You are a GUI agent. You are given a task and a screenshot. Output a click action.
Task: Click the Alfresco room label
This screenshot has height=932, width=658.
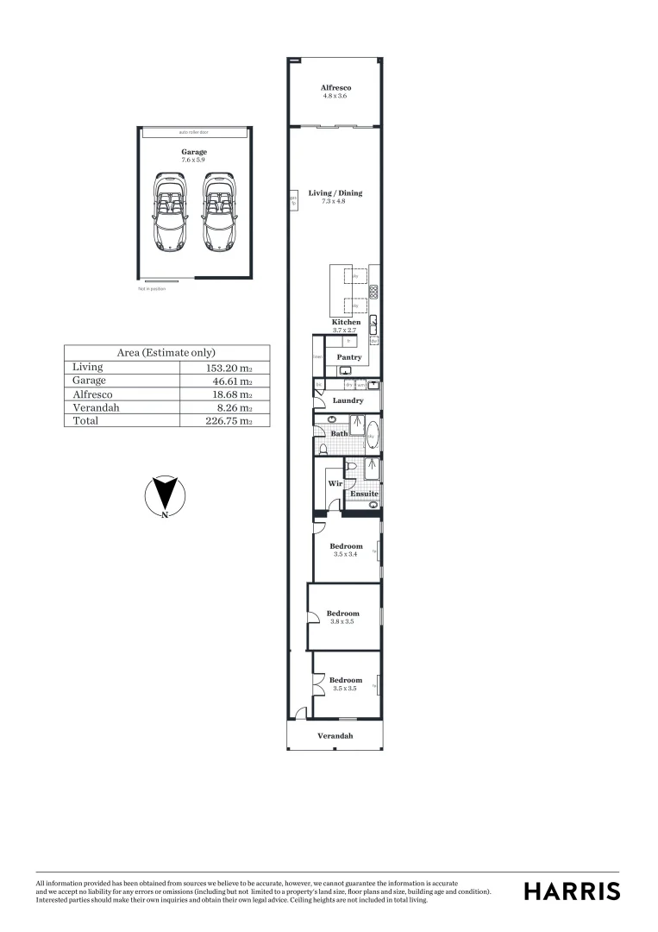[x=335, y=88]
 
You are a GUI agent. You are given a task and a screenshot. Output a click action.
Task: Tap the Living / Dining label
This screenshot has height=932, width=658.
[x=335, y=193]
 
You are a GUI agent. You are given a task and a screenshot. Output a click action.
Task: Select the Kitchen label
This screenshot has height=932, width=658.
[x=346, y=323]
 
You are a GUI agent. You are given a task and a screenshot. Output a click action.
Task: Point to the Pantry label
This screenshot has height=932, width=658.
[x=348, y=357]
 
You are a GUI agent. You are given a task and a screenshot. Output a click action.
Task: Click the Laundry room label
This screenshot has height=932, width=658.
[x=348, y=401]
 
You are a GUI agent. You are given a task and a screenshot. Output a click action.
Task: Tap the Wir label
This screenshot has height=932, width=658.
[x=335, y=484]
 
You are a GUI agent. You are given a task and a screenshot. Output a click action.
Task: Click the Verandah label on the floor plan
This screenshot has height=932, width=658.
[x=335, y=736]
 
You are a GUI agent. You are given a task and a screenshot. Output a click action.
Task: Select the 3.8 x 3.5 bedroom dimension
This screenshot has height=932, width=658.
[x=342, y=621]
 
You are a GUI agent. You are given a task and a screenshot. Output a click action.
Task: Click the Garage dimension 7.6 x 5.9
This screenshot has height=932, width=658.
[x=193, y=161]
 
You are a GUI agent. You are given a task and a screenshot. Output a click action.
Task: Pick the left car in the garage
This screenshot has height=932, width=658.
[x=169, y=212]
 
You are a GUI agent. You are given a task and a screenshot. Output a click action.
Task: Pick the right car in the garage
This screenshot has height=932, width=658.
[x=218, y=212]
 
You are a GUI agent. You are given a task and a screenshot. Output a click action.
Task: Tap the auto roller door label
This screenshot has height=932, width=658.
[x=193, y=133]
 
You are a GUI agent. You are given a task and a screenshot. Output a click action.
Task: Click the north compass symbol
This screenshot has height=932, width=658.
[x=164, y=496]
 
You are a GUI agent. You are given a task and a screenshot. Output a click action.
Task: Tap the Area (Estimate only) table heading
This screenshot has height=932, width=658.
[x=166, y=353]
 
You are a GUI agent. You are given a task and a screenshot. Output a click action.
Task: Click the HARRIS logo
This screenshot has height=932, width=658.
[x=572, y=891]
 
